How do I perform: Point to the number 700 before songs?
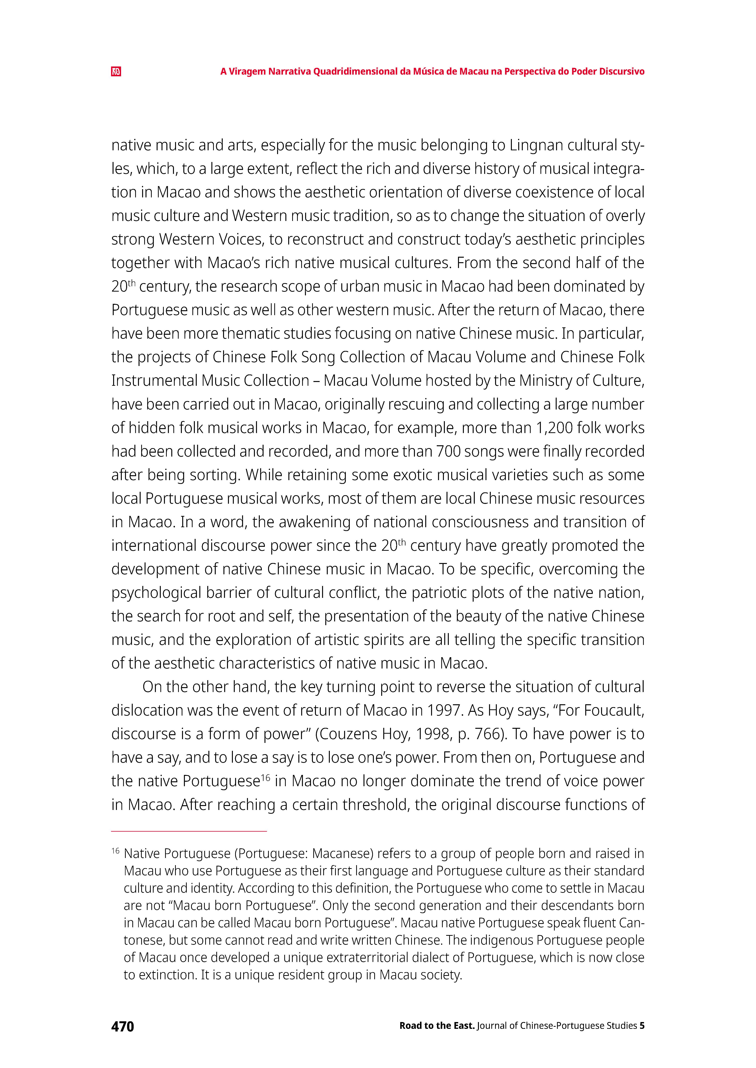pyautogui.click(x=448, y=451)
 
